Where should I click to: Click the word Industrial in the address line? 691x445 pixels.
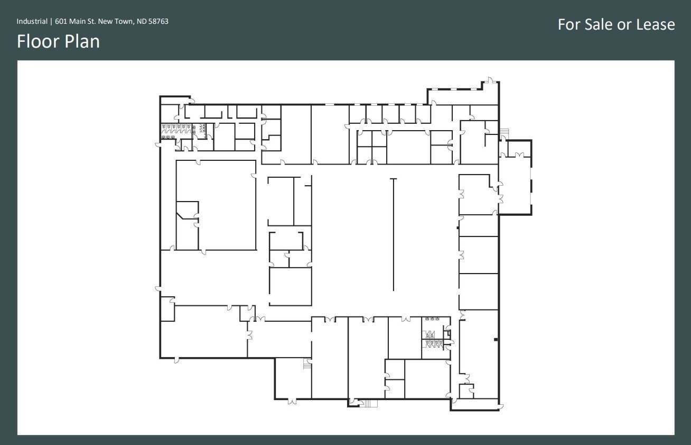pyautogui.click(x=32, y=22)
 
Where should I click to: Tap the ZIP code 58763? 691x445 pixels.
pyautogui.click(x=158, y=22)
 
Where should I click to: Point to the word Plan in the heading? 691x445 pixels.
pyautogui.click(x=82, y=41)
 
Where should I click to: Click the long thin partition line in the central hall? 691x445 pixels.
pyautogui.click(x=394, y=235)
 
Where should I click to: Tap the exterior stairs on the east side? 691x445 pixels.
pyautogui.click(x=503, y=131)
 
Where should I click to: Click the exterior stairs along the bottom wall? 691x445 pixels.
pyautogui.click(x=368, y=404)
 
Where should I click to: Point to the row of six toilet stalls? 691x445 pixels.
pyautogui.click(x=175, y=128)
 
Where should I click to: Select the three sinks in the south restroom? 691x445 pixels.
pyautogui.click(x=432, y=319)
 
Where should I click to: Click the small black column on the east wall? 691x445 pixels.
pyautogui.click(x=495, y=339)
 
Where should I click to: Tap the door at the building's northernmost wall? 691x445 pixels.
pyautogui.click(x=490, y=80)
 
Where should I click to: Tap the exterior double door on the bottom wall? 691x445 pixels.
pyautogui.click(x=292, y=402)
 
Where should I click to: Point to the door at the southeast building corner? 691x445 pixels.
pyautogui.click(x=501, y=406)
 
